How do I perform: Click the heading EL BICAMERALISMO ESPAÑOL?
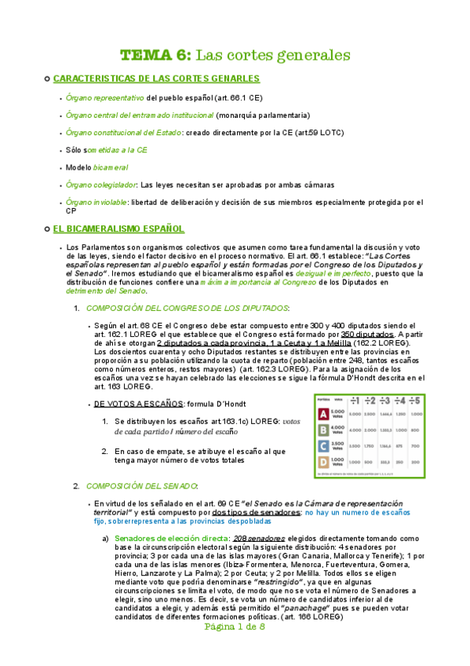coord(118,229)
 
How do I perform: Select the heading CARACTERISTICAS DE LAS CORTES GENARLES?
coord(156,79)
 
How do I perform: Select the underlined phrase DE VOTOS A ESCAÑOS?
coord(137,404)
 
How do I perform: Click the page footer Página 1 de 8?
coord(235,650)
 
